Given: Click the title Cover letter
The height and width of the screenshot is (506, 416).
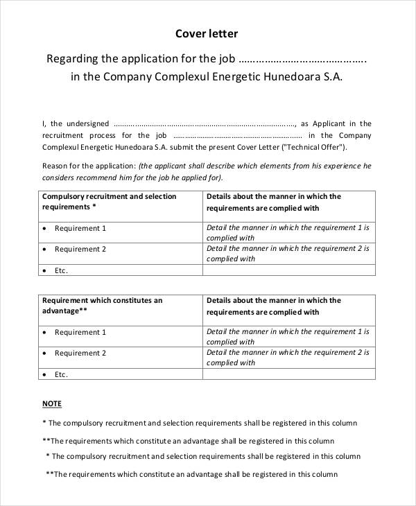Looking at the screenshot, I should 208,33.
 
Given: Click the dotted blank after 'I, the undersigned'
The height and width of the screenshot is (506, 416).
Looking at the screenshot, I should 204,123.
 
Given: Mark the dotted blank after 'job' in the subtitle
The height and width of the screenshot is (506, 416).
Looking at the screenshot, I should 302,59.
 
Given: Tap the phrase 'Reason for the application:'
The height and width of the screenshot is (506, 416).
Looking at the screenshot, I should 89,166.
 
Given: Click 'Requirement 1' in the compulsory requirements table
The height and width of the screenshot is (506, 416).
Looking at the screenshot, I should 80,228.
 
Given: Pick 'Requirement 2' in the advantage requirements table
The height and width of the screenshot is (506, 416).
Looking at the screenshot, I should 80,353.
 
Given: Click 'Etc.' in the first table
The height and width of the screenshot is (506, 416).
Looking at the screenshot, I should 62,270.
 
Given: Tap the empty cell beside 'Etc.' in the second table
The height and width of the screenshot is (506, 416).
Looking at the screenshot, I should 288,374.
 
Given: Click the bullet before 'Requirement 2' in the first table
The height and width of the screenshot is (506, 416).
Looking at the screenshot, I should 45,249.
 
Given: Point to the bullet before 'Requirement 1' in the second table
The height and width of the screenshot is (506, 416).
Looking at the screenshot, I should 45,332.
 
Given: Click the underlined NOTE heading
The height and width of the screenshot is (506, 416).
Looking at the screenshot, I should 52,403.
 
